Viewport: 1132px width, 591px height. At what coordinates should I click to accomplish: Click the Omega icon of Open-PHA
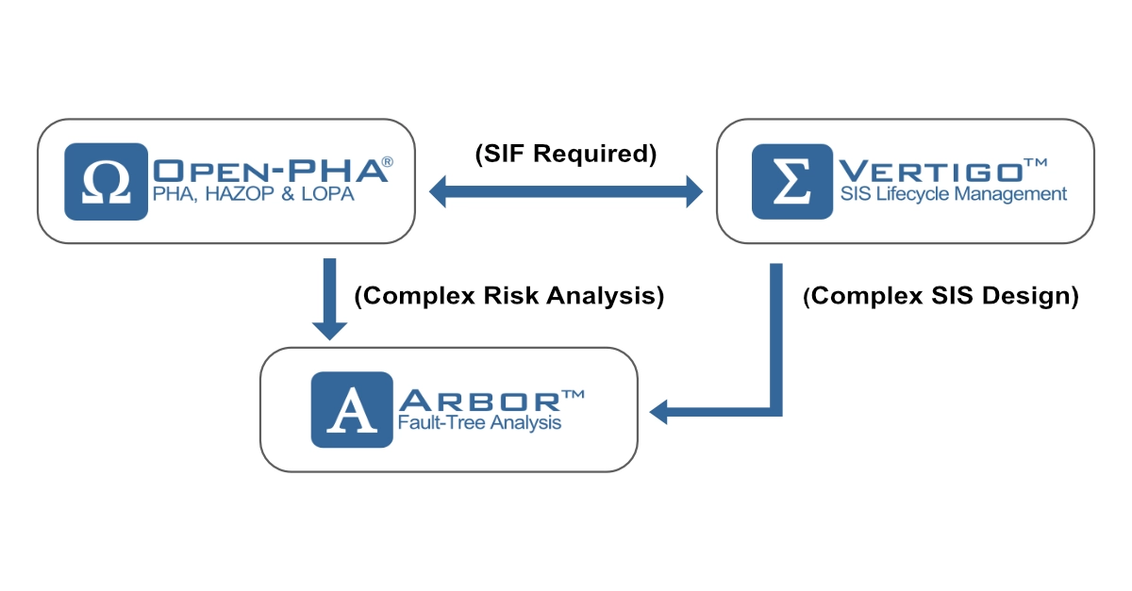pos(107,181)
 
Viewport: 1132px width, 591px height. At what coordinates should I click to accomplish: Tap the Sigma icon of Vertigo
pos(792,181)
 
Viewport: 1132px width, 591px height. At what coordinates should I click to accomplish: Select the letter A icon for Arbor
pos(350,410)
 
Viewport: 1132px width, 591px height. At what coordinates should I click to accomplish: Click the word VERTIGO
pos(929,171)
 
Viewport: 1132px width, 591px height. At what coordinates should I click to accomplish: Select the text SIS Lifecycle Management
pos(953,195)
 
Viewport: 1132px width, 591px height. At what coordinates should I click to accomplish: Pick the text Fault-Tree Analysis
pos(479,423)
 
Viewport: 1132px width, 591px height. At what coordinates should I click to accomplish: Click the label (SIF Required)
pos(565,153)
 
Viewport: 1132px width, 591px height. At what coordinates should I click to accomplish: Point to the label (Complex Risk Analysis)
pos(509,296)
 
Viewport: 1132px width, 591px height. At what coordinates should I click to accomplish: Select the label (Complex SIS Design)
pos(941,296)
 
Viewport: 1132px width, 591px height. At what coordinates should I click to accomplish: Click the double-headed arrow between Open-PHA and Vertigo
pos(566,194)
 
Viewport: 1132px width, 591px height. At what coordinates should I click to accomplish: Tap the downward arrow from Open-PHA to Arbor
pos(329,297)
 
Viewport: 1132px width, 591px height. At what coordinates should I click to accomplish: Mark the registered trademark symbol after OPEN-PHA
pos(388,162)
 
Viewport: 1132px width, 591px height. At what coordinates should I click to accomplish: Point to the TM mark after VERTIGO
pos(1035,163)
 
